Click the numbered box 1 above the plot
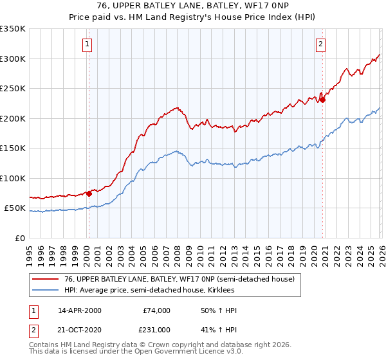87,44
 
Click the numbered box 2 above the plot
320,44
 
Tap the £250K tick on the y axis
13,88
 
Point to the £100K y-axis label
13,178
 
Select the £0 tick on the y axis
21,238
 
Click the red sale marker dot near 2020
323,100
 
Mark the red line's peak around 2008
176,108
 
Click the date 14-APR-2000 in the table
79,310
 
